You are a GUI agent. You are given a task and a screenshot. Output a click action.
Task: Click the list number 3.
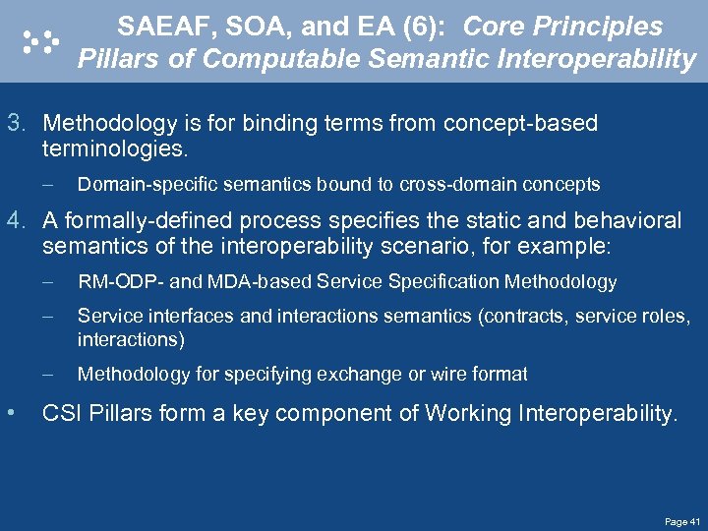(x=15, y=124)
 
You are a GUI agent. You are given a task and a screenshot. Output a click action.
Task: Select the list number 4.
(x=15, y=220)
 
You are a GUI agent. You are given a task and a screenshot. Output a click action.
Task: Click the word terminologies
(x=115, y=149)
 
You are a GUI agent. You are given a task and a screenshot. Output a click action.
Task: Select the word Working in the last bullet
(x=475, y=414)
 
